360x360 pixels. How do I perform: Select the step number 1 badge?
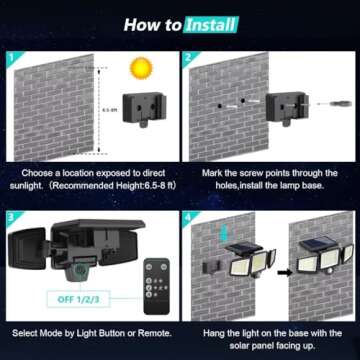(11, 58)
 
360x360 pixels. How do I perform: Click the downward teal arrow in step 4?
(223, 238)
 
